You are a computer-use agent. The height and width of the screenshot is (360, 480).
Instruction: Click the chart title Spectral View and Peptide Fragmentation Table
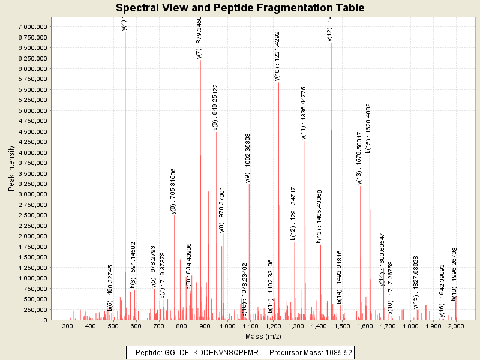click(x=240, y=8)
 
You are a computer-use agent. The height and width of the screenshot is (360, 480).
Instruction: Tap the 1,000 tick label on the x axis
click(x=227, y=326)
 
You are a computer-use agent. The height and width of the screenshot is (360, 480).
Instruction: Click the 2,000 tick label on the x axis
click(x=456, y=326)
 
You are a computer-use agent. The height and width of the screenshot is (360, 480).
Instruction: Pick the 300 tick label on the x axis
click(x=68, y=326)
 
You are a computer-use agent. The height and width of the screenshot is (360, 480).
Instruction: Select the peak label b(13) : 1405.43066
click(x=320, y=216)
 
